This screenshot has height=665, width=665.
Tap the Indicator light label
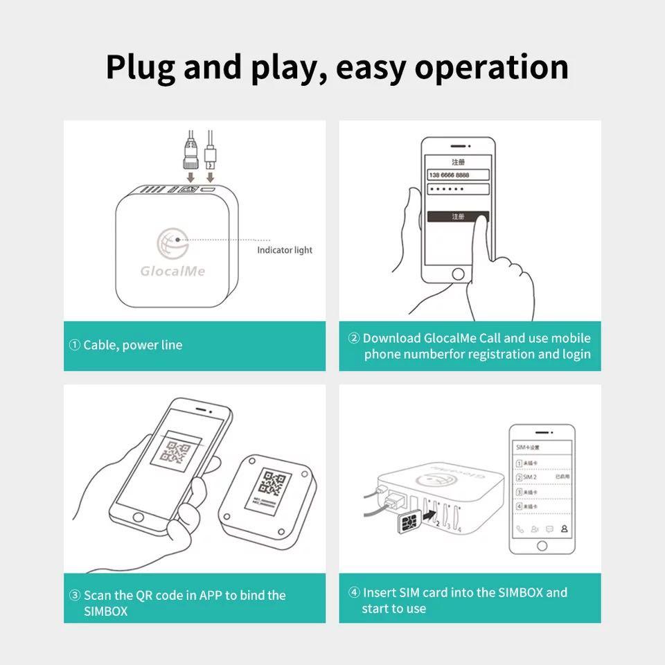click(285, 250)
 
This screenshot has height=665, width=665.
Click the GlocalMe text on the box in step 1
click(172, 270)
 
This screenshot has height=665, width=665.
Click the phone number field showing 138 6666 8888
click(458, 175)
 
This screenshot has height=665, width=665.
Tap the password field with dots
click(458, 189)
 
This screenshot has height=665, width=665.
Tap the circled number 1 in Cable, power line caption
click(75, 345)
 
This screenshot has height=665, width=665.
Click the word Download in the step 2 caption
click(391, 338)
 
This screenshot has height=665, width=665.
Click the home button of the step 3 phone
click(139, 517)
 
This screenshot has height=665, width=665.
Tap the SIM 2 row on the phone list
click(541, 477)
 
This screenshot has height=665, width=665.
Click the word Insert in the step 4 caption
click(380, 592)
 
